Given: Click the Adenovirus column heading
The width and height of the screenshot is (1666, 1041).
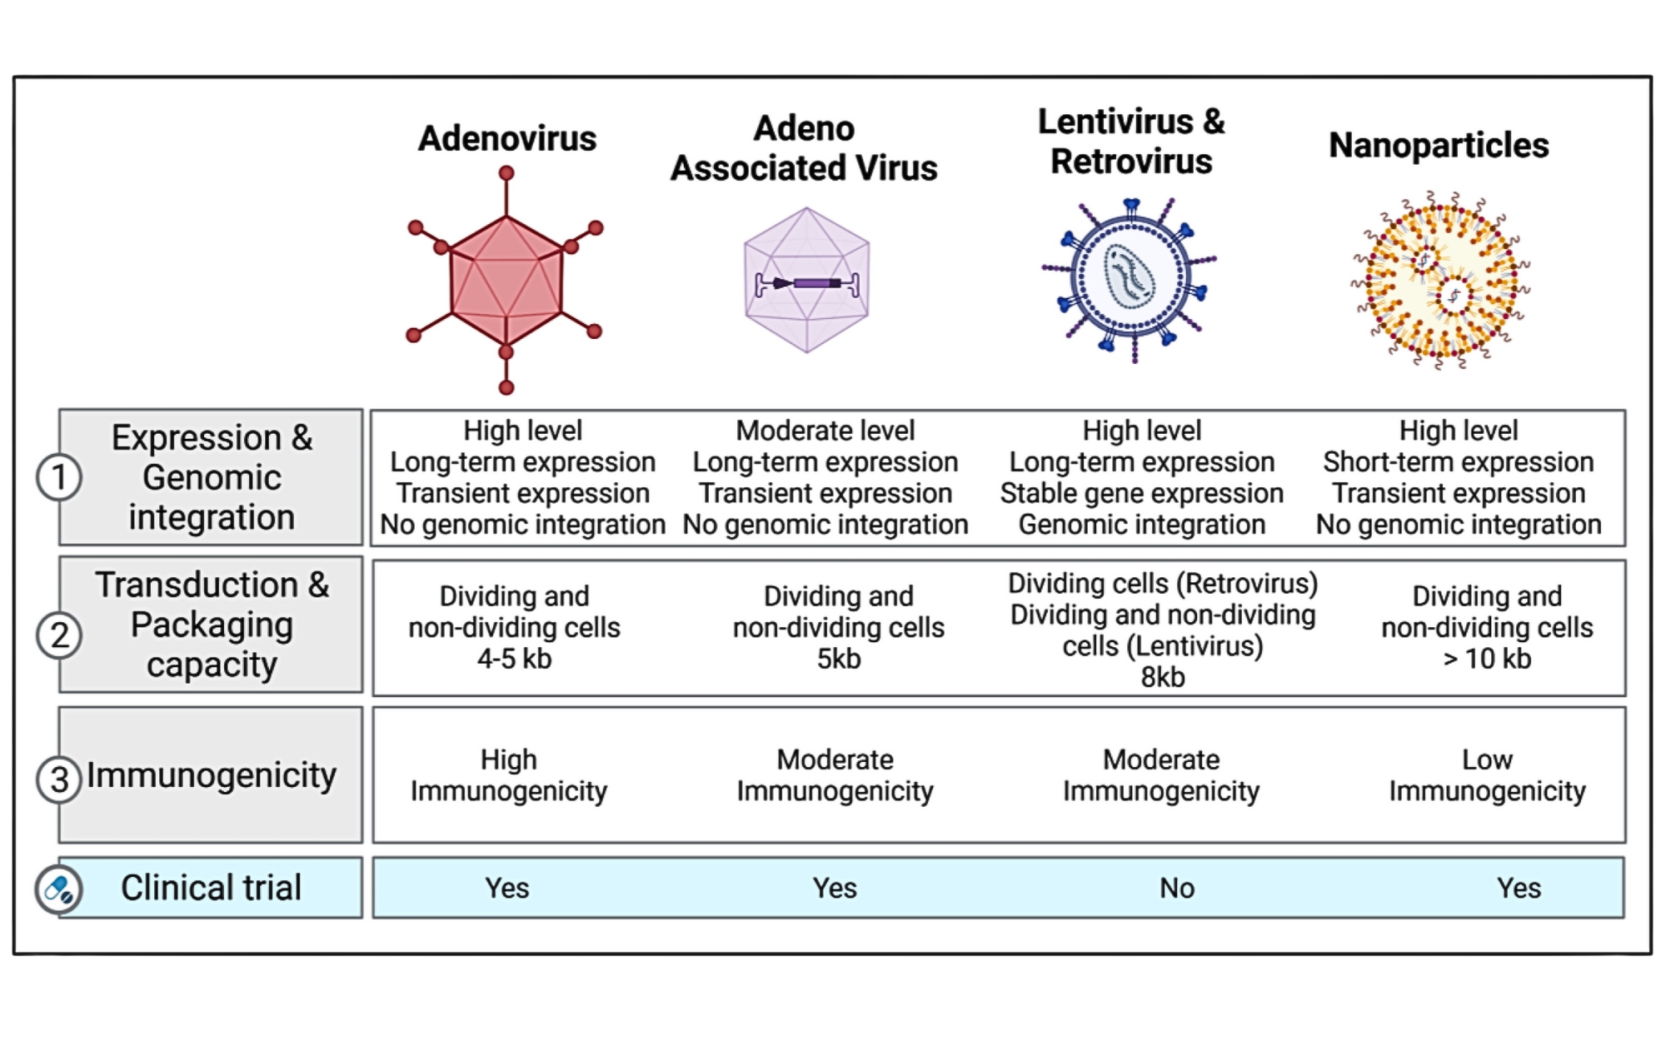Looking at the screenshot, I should pos(506,138).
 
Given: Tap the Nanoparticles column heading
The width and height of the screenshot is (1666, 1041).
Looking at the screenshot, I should pos(1439,145).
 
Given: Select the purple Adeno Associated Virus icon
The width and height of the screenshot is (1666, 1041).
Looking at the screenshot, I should pos(806,280).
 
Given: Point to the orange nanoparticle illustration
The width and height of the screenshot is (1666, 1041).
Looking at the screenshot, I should pos(1440,280).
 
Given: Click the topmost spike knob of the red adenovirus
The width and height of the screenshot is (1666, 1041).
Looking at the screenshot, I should pos(506,173).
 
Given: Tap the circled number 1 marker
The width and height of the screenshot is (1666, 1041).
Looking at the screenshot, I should pos(59,477).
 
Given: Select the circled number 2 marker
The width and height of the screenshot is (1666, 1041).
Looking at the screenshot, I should pos(59,635).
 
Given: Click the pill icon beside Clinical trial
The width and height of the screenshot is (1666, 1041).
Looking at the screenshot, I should pos(59,889).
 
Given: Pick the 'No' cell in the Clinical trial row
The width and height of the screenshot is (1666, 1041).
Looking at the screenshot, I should pos(1176,889).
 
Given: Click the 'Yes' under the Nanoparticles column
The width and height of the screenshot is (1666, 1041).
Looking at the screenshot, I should pos(1518,889).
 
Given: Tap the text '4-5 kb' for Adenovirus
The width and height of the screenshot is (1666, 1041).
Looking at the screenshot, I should pos(514,659).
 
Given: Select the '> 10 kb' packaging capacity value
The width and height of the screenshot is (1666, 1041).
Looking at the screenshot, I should pos(1487,659).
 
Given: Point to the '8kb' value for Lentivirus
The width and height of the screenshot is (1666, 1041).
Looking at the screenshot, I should pos(1162,677).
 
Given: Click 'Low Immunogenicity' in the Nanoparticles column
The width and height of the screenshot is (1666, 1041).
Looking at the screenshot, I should pos(1487,775).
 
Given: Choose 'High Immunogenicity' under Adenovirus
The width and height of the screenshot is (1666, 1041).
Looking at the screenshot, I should pos(508,775).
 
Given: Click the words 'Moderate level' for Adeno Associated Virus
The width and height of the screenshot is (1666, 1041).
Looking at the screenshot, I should pos(825,431).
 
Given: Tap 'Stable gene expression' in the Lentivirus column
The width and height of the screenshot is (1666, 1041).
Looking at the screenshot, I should pos(1141,493).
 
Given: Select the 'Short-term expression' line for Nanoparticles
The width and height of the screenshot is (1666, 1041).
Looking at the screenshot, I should pos(1458,461).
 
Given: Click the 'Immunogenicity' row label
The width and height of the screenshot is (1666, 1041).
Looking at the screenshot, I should pos(212,775).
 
